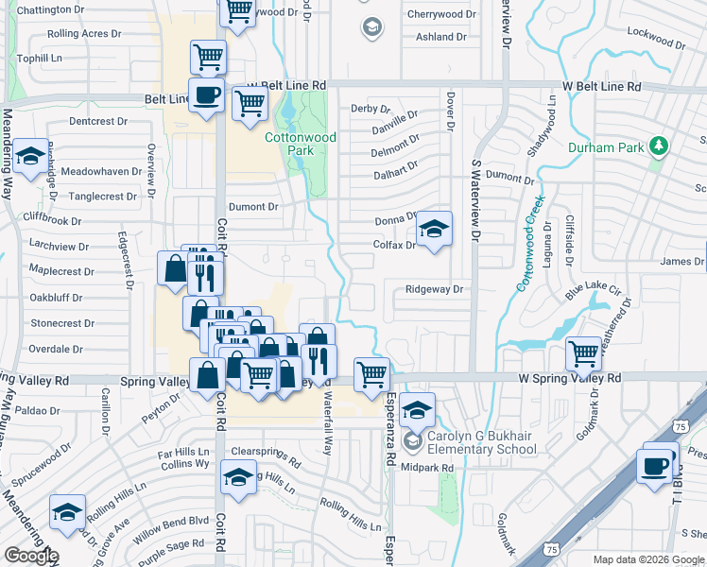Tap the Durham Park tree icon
[x=659, y=146]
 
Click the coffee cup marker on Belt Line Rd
[x=206, y=94]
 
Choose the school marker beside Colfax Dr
[x=433, y=230]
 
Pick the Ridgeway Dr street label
[x=433, y=289]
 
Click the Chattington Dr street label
[x=50, y=9]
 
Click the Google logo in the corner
[x=31, y=556]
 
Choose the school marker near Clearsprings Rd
[x=238, y=478]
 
